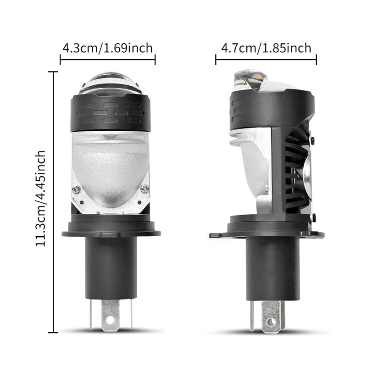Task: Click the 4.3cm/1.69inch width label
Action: click(107, 48)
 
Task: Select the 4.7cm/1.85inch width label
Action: click(266, 48)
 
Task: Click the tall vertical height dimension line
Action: click(56, 202)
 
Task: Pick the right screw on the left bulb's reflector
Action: click(145, 187)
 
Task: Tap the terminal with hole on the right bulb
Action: click(270, 317)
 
